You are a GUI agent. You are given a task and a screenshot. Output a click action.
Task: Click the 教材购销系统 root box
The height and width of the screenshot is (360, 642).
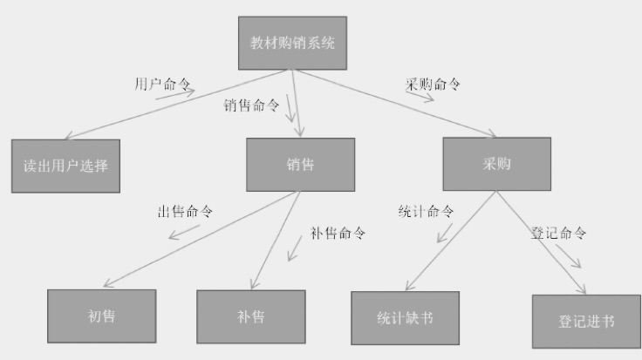click(x=291, y=43)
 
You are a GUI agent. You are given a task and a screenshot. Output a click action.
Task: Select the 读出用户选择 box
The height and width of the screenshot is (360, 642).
click(x=66, y=166)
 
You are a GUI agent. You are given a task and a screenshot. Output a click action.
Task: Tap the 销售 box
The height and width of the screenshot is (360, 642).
click(x=300, y=165)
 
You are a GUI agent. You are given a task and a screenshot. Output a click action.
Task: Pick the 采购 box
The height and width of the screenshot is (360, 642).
click(x=496, y=164)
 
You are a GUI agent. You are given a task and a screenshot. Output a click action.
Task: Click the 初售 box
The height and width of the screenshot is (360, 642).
click(x=101, y=316)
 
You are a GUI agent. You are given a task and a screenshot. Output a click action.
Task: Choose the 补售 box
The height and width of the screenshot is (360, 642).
click(x=250, y=316)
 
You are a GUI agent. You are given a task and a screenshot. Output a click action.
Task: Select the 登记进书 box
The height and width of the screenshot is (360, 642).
click(x=585, y=322)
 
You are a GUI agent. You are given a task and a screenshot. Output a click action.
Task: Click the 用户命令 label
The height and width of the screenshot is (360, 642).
click(x=163, y=84)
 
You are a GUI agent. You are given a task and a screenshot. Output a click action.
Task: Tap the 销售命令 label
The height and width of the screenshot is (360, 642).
click(x=251, y=105)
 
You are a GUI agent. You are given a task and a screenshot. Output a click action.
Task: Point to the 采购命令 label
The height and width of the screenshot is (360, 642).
click(x=433, y=85)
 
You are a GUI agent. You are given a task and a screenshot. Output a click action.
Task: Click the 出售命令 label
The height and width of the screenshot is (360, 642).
click(x=185, y=212)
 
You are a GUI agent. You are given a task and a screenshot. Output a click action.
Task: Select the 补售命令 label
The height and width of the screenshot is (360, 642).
click(x=338, y=233)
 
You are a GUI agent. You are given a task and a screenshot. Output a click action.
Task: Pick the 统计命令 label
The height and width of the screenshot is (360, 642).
click(x=427, y=212)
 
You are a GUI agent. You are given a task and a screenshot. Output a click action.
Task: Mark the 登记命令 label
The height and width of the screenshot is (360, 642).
click(x=558, y=234)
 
